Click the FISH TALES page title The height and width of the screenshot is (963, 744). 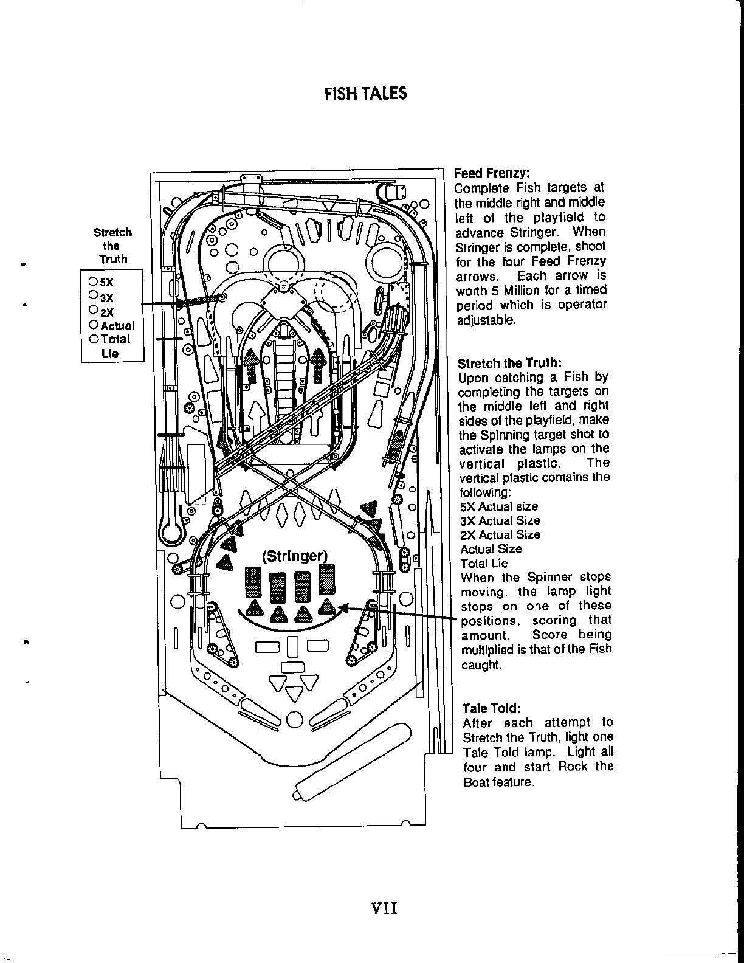coord(365,94)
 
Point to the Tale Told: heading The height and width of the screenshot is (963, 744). coord(491,708)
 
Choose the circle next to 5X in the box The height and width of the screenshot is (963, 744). coord(93,281)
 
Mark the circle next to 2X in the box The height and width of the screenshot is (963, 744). coord(93,310)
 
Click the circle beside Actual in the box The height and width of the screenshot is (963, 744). coord(93,325)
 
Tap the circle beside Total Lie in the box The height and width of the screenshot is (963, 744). coord(93,339)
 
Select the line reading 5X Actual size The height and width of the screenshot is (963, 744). coord(499,506)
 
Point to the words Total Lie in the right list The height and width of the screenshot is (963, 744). coord(484,563)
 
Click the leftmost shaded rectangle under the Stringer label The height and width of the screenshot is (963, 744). coord(253,582)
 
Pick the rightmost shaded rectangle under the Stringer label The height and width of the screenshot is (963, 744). coord(326,579)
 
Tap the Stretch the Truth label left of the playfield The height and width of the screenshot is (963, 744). coord(112,246)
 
